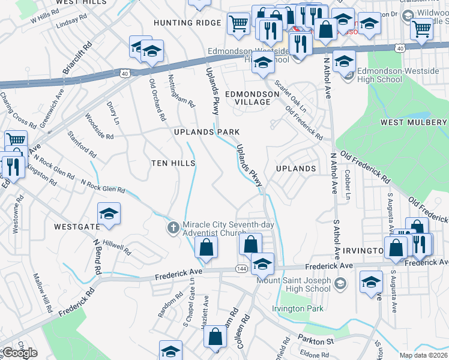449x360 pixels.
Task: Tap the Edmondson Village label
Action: pyautogui.click(x=252, y=98)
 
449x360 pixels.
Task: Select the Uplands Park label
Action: pyautogui.click(x=206, y=132)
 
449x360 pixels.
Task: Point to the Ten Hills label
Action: pyautogui.click(x=173, y=163)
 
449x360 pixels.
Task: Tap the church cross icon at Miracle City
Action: pyautogui.click(x=173, y=227)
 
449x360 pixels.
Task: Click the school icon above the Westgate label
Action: pyautogui.click(x=109, y=214)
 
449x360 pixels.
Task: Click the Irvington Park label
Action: pyautogui.click(x=298, y=309)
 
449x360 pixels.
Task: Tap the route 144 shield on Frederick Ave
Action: pyautogui.click(x=240, y=268)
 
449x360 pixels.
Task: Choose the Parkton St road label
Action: pyautogui.click(x=316, y=341)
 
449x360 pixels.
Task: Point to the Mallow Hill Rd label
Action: pyautogui.click(x=43, y=293)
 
